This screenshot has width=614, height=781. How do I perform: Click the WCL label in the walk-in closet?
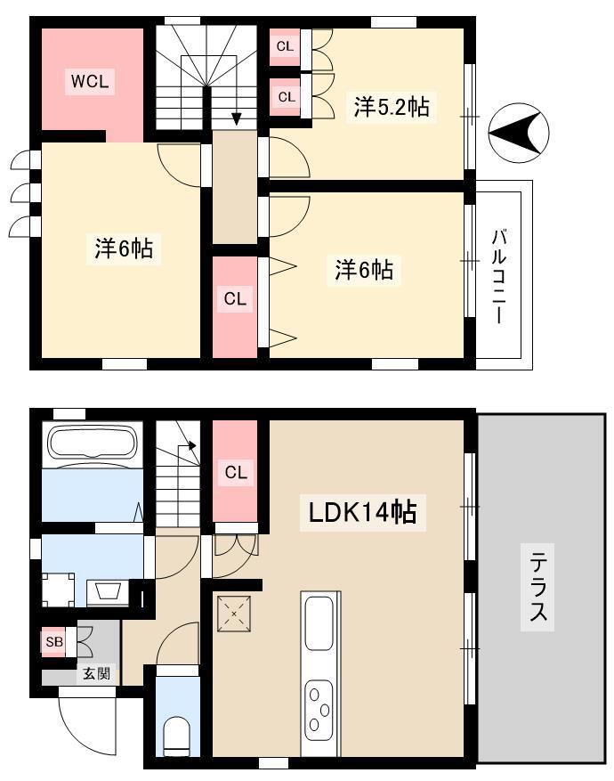pos(90,81)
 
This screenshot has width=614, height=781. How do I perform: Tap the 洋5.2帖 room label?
pos(392,107)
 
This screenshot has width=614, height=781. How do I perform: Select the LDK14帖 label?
pos(363,512)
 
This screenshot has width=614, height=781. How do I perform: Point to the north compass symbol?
pos(519,133)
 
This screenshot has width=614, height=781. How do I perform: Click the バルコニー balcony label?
pos(499,276)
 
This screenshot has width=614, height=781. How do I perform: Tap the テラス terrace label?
pos(537,588)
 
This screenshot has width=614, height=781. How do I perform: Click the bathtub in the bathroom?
pos(93,443)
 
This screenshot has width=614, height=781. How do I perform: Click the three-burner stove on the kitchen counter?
pos(319,706)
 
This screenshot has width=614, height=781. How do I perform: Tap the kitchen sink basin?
pos(319,624)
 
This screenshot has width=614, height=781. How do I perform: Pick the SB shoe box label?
pos(54,642)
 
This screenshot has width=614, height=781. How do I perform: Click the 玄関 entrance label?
pos(96,674)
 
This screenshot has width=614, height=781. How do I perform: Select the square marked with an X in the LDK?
pos(234,614)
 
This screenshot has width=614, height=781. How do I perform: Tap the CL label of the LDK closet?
pos(235,472)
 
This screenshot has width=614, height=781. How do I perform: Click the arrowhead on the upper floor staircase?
pos(237,119)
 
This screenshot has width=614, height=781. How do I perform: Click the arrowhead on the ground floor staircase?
pos(191,446)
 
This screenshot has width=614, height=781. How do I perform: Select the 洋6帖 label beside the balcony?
pos(364,270)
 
